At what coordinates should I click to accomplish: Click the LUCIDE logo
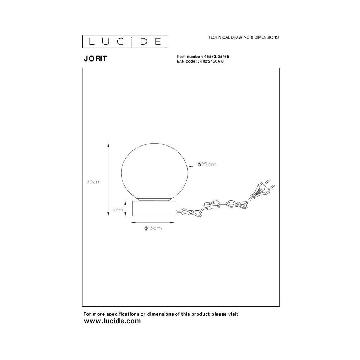tap(125, 41)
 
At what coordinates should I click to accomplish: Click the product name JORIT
tap(95, 59)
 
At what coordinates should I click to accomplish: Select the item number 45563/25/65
tap(216, 57)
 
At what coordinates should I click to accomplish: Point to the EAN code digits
tap(210, 61)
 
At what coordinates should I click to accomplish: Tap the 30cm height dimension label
tap(94, 181)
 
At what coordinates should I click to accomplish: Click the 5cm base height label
tap(118, 210)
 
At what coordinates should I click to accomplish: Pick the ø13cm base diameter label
tap(153, 228)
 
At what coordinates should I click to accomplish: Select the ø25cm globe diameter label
tap(207, 165)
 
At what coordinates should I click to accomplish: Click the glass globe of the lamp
tap(154, 171)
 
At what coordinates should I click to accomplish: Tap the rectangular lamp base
tap(154, 208)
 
